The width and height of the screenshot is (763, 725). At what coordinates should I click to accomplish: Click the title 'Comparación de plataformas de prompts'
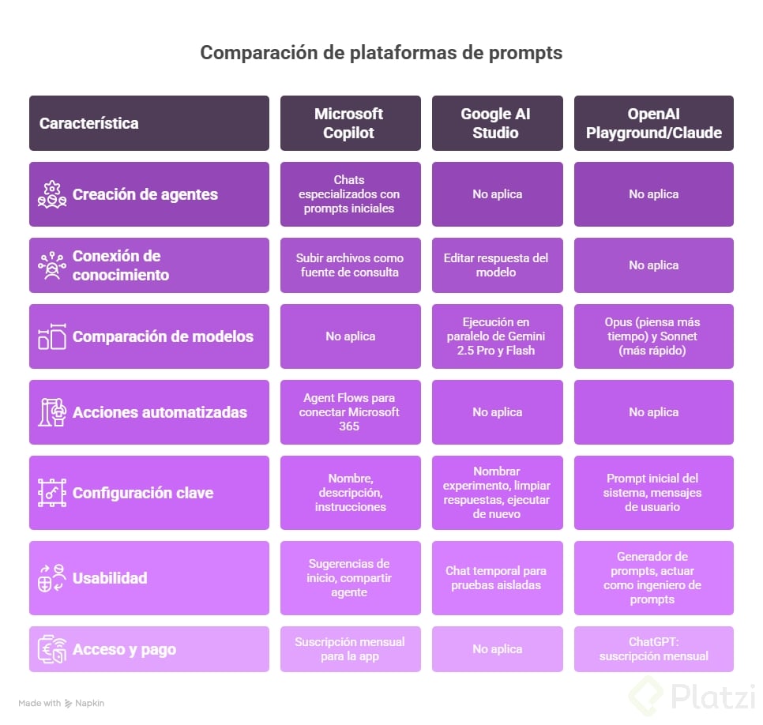[x=381, y=53]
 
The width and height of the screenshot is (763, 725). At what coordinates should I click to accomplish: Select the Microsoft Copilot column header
[x=349, y=123]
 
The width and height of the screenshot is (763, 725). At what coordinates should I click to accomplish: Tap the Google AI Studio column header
[x=496, y=123]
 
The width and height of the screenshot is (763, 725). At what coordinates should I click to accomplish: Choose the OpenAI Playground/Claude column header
[x=653, y=123]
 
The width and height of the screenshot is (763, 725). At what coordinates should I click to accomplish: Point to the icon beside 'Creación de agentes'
[x=52, y=194]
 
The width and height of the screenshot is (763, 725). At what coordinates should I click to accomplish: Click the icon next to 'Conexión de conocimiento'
[x=52, y=265]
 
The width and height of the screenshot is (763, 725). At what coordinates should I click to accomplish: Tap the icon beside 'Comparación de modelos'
[x=52, y=336]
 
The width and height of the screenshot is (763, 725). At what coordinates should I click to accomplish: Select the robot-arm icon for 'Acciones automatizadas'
[x=52, y=412]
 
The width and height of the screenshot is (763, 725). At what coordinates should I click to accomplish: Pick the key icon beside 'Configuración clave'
[x=52, y=493]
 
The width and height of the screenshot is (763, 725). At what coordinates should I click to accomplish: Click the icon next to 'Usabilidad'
[x=52, y=578]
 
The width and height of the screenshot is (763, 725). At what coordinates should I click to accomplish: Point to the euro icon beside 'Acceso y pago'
[x=52, y=649]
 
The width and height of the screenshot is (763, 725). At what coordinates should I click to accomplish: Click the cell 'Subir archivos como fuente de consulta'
[x=349, y=265]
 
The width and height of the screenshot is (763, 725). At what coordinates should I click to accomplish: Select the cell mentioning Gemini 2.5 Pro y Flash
[x=497, y=336]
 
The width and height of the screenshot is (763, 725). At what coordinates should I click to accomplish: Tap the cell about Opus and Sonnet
[x=653, y=336]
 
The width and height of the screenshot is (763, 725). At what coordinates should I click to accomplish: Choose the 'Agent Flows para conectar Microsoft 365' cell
[x=349, y=412]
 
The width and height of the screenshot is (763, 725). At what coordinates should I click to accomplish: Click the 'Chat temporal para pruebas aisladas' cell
[x=497, y=578]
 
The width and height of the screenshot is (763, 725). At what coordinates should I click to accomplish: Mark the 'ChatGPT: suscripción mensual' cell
[x=653, y=649]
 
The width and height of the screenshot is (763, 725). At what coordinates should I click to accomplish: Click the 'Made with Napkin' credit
[x=62, y=703]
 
